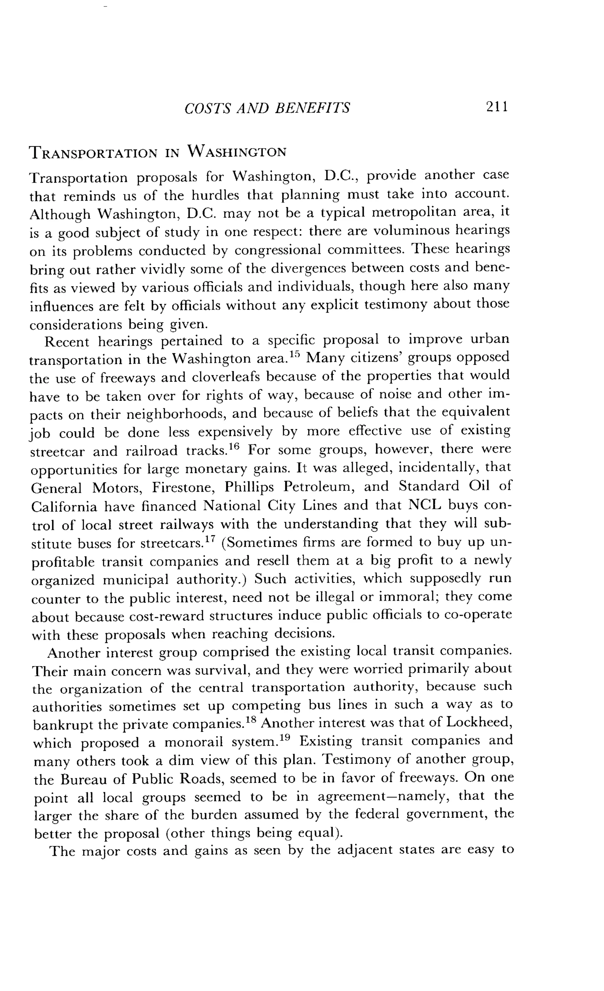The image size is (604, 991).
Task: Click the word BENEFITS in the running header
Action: coord(312,108)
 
